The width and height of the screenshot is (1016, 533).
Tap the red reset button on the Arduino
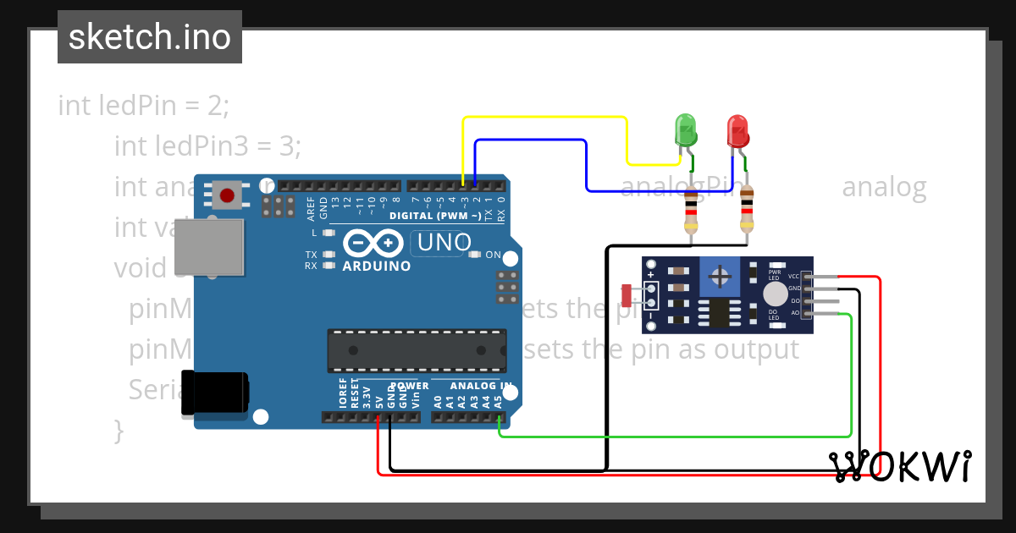pos(227,196)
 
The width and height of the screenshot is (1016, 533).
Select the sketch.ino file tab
pos(150,37)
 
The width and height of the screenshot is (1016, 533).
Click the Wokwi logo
pos(900,466)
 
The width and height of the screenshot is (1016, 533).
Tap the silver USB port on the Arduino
pos(209,248)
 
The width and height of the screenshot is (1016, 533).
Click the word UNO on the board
pos(444,243)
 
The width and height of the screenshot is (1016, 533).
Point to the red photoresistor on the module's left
pos(627,295)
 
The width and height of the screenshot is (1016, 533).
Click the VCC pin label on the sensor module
pos(793,277)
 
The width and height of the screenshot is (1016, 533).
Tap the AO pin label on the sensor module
pos(794,313)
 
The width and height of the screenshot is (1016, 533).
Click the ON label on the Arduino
pos(493,255)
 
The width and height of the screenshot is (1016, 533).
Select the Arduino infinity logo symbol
pos(373,244)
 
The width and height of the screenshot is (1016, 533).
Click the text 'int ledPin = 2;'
pos(144,106)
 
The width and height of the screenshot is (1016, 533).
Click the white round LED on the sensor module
pos(775,294)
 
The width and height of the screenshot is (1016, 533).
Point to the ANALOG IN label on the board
pos(481,386)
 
